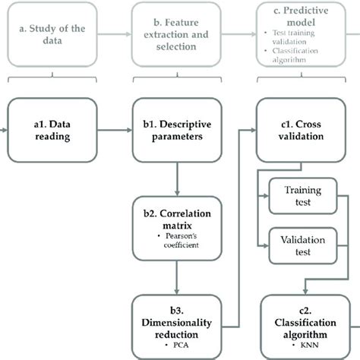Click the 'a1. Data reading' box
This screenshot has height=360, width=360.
[50, 131]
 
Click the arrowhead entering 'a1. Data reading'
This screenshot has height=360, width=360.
[7, 131]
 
